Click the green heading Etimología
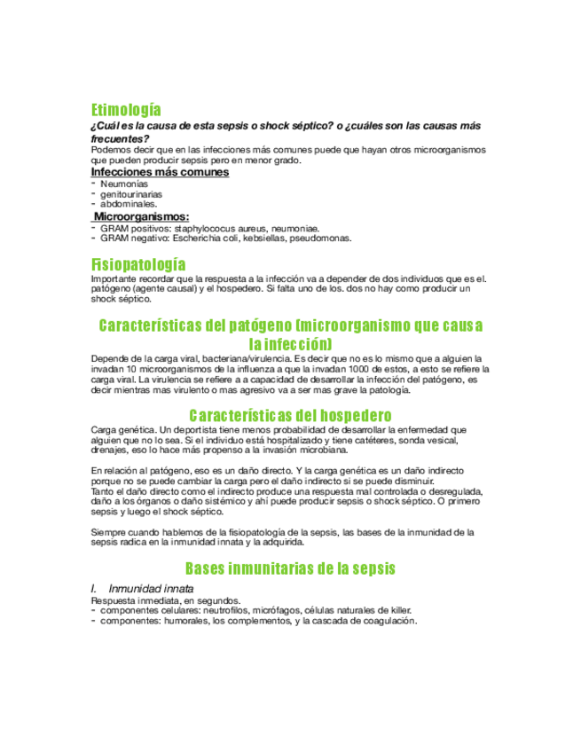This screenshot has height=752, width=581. tap(126, 110)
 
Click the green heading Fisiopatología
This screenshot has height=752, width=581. tap(138, 264)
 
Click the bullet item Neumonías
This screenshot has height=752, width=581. tap(124, 184)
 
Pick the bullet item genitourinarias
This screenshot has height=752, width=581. tap(131, 193)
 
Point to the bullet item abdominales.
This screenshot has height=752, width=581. tap(129, 203)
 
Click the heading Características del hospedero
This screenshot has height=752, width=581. tap(290, 415)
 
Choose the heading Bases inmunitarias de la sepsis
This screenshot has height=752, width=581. tap(290, 568)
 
